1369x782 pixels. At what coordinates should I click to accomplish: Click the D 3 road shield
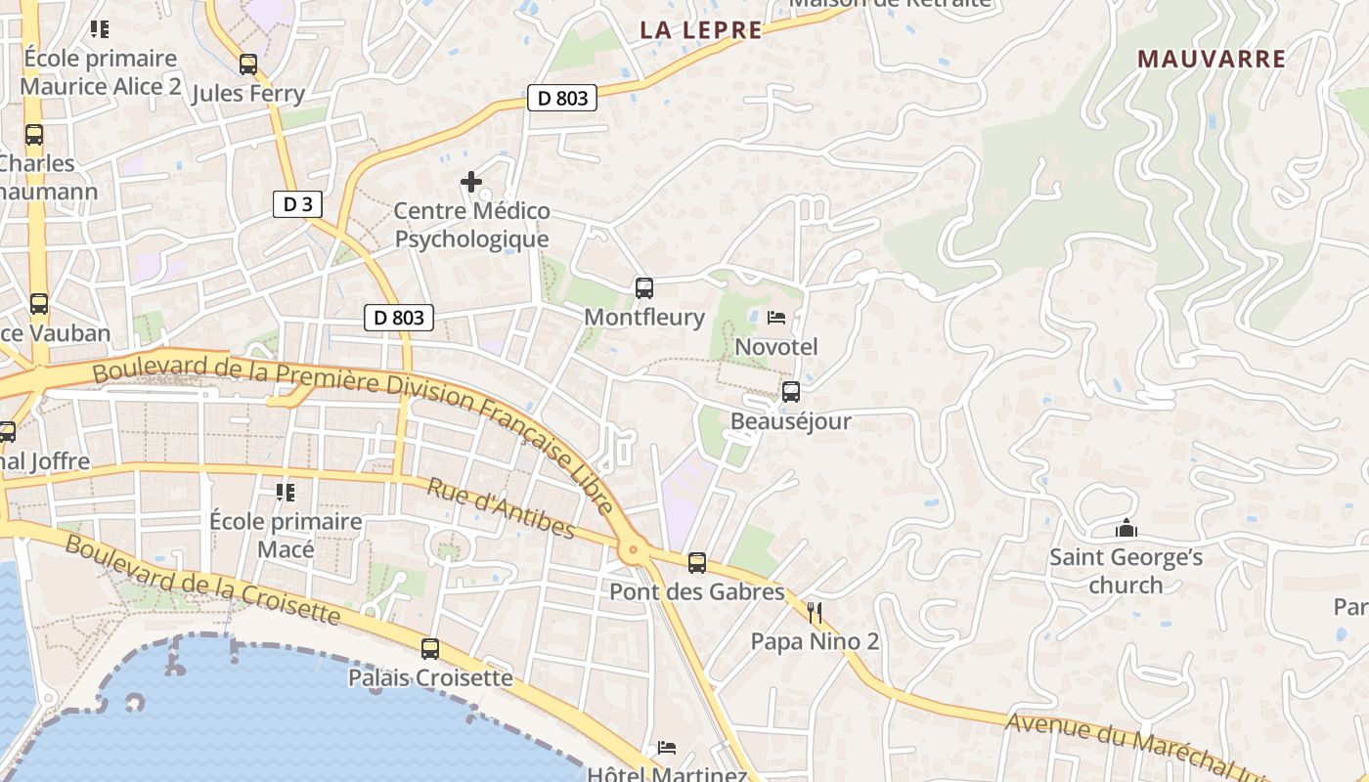[297, 204]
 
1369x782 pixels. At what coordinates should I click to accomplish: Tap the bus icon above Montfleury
[643, 288]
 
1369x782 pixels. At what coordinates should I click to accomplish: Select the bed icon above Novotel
[776, 318]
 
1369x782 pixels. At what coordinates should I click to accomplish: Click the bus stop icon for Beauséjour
[790, 392]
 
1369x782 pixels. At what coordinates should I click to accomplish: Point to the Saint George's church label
[1126, 571]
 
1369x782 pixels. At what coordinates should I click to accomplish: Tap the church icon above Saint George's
[1126, 529]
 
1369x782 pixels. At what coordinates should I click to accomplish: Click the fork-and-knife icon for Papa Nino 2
[815, 613]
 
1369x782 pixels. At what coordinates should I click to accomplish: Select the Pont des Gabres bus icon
[696, 563]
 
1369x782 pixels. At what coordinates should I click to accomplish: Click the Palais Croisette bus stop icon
[430, 649]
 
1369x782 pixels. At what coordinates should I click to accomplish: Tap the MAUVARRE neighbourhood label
[1212, 59]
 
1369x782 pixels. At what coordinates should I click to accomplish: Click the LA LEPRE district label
[700, 30]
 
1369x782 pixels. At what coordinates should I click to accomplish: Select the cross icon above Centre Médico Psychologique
[471, 182]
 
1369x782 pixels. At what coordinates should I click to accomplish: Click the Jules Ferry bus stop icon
[248, 65]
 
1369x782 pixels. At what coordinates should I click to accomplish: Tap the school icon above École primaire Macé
[286, 492]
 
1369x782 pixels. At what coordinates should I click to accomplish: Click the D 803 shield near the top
[562, 98]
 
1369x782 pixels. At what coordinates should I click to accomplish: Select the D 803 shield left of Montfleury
[399, 318]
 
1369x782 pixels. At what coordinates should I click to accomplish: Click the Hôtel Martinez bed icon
[666, 748]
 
